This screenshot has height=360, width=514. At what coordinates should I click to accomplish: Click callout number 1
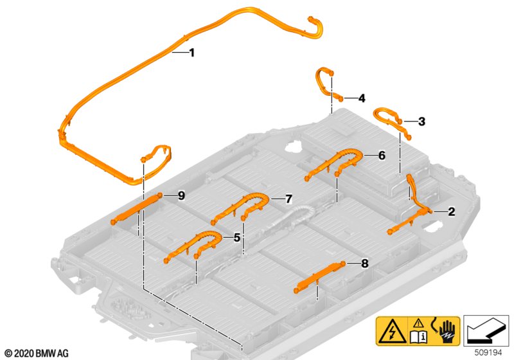pos(191,53)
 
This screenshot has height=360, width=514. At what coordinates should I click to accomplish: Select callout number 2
pos(452,212)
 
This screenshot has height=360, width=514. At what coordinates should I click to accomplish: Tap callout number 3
pos(421,122)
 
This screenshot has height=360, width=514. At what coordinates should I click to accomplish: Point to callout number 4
pos(362,98)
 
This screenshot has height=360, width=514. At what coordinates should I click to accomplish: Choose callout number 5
pos(236,238)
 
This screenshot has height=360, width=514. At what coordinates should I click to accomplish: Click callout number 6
pos(382,156)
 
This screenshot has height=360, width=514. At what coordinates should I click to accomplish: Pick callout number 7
pos(288,199)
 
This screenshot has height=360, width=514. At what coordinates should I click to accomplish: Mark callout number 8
pos(364,264)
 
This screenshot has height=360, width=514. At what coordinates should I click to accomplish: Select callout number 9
pos(181,195)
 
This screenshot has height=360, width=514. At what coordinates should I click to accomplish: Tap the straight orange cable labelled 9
pos(136,208)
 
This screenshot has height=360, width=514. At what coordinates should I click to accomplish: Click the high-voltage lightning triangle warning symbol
pos(392,330)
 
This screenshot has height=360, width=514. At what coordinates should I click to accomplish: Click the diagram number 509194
pos(488,352)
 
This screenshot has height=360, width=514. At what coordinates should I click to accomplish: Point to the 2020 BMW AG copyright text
pos(37,353)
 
